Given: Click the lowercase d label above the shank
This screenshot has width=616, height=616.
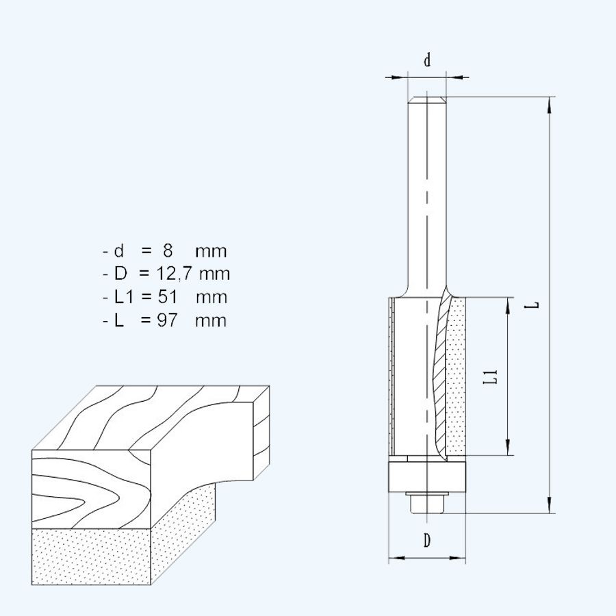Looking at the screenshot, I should [427, 60].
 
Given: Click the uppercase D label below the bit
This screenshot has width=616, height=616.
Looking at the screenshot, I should [427, 541].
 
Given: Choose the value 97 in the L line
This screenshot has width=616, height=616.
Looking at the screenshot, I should [167, 320].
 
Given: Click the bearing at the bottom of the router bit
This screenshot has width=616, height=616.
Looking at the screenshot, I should [427, 476].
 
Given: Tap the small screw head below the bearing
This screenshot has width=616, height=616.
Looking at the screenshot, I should [427, 503].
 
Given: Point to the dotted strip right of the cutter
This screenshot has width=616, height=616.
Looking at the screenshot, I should [456, 376].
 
